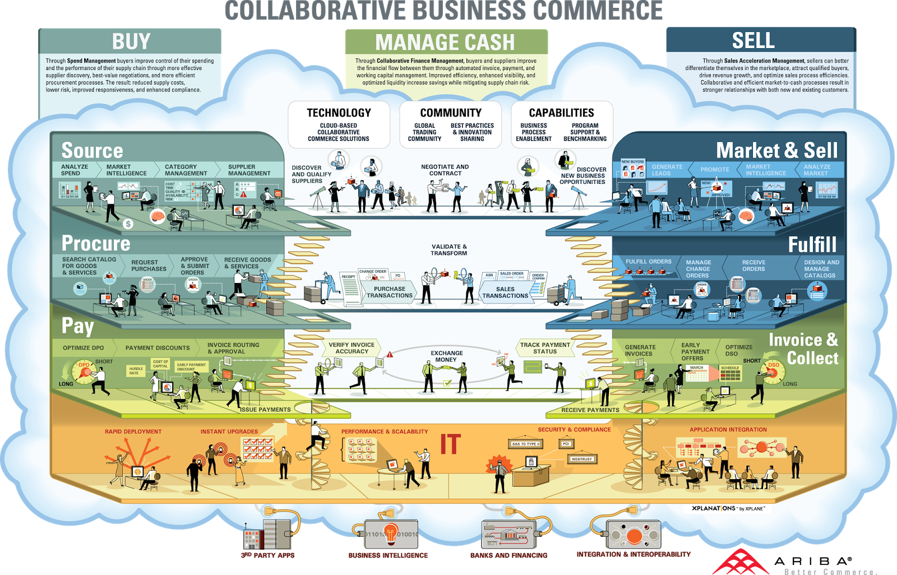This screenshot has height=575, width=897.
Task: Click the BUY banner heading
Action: tap(131, 41)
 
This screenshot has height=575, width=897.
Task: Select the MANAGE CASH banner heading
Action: tap(445, 43)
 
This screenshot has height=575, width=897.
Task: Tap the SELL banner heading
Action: tap(753, 40)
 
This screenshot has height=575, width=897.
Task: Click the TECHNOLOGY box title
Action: tap(339, 113)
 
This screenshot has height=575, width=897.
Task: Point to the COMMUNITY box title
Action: tap(451, 113)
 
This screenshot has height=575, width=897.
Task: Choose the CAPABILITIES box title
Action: tap(561, 113)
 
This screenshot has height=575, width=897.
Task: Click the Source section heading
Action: tap(92, 150)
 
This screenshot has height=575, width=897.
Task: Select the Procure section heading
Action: tap(96, 243)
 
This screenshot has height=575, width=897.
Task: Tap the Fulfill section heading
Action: tap(812, 244)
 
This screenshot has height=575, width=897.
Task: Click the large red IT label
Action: tap(450, 444)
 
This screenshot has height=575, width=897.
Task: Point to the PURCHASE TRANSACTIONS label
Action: tap(389, 292)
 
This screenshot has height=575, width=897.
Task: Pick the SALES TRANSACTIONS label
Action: tap(505, 292)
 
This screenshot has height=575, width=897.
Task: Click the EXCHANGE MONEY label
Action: tap(447, 356)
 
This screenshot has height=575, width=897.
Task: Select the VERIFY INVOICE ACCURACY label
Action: tap(352, 348)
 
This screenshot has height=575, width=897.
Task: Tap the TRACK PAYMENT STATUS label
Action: tap(545, 348)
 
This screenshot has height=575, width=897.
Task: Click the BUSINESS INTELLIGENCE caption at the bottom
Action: tap(388, 555)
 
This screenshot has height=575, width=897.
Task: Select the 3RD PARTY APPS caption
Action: tap(267, 555)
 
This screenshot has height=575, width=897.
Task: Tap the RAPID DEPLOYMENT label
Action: tap(133, 432)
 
